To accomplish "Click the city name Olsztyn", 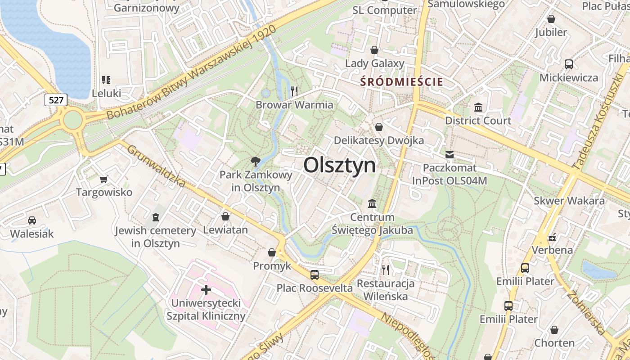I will pyautogui.click(x=339, y=165).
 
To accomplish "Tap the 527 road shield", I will pyautogui.click(x=56, y=99).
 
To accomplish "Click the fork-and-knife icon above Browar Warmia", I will pyautogui.click(x=294, y=91).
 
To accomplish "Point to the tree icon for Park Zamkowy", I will pyautogui.click(x=256, y=161).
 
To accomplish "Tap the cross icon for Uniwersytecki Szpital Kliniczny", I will pyautogui.click(x=206, y=289).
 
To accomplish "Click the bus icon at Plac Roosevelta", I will pyautogui.click(x=315, y=274).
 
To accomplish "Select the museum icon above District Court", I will pyautogui.click(x=478, y=108).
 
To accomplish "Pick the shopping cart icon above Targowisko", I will pyautogui.click(x=104, y=180).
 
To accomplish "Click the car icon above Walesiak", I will pyautogui.click(x=32, y=220).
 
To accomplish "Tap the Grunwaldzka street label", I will pyautogui.click(x=156, y=166).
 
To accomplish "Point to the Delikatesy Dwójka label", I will pyautogui.click(x=378, y=140).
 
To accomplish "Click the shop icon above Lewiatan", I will pyautogui.click(x=225, y=216).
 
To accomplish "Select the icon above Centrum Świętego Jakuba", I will pyautogui.click(x=372, y=204).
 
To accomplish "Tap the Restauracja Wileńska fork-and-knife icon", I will pyautogui.click(x=385, y=270).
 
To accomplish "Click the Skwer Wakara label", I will pyautogui.click(x=569, y=201).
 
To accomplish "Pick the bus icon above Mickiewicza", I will pyautogui.click(x=569, y=64).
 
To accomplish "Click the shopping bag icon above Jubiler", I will pyautogui.click(x=551, y=19).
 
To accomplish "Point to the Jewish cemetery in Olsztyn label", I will pyautogui.click(x=155, y=237).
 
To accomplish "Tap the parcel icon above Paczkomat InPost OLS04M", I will pyautogui.click(x=449, y=155).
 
